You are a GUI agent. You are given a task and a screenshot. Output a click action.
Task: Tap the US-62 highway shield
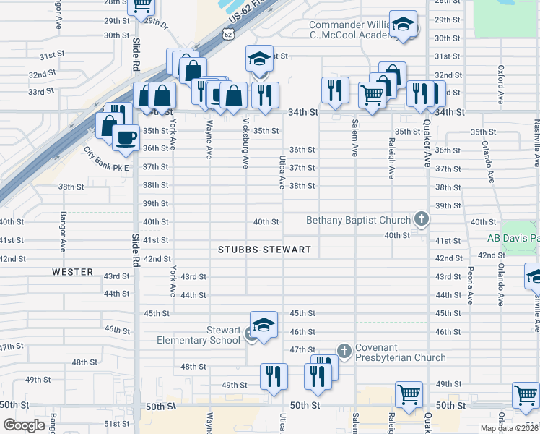[228, 33]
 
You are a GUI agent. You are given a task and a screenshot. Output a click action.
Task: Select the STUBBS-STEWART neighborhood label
[264, 250]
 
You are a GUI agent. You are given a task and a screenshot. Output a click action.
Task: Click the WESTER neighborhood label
[72, 272]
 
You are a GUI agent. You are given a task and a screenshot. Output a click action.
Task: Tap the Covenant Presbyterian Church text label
[400, 357]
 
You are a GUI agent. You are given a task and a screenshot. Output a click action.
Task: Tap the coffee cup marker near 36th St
[127, 137]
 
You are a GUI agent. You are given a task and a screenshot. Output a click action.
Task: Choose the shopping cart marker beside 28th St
[142, 6]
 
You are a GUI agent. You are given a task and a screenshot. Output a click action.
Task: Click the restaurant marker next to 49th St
[274, 376]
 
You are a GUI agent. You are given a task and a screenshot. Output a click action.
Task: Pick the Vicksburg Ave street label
[246, 143]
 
